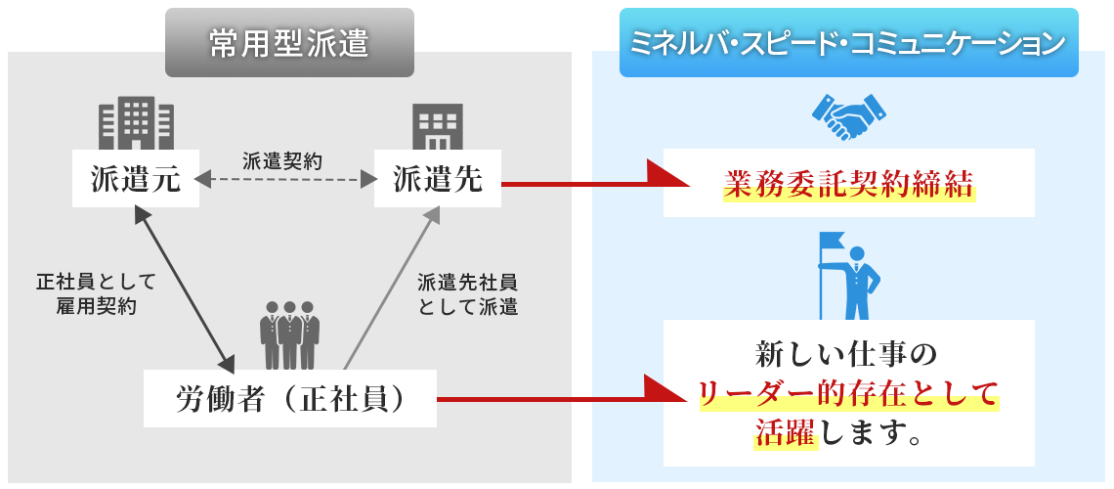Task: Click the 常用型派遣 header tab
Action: [x=289, y=44]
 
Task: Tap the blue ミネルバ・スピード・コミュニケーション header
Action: [x=848, y=44]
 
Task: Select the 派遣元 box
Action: [x=136, y=179]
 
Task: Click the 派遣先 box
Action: [x=438, y=179]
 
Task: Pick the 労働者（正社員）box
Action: [x=290, y=398]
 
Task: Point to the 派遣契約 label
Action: [x=282, y=158]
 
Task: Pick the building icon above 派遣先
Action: [x=437, y=126]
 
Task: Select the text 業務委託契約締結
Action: [x=848, y=183]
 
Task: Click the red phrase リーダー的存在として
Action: [x=848, y=393]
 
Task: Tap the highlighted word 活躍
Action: [x=785, y=430]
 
